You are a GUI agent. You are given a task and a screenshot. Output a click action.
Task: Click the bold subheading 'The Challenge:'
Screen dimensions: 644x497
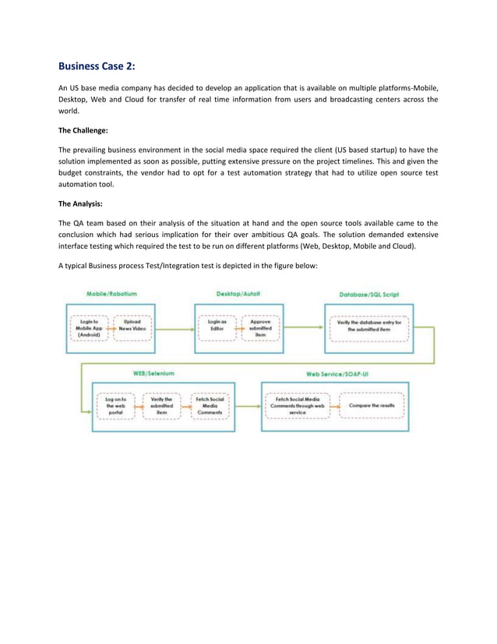(x=85, y=130)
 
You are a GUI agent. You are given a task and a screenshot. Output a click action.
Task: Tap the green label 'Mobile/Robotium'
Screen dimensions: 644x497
(x=111, y=294)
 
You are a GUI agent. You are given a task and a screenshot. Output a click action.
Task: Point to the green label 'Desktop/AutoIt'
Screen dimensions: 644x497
(x=238, y=294)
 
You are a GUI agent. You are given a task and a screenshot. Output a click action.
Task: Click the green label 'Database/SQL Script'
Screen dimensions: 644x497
(x=369, y=295)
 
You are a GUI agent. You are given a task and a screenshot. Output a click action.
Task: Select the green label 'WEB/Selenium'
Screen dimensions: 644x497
(x=153, y=373)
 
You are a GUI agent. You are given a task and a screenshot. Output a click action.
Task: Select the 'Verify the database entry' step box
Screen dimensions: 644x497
(x=368, y=325)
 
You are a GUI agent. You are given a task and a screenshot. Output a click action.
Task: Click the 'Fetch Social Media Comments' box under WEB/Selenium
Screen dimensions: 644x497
(x=210, y=405)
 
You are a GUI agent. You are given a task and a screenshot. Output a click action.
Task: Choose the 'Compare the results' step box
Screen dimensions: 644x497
(x=372, y=405)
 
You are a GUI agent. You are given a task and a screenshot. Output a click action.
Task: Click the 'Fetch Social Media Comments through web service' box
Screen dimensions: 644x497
(x=297, y=405)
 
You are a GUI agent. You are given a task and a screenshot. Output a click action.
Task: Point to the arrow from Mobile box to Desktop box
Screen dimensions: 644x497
(x=175, y=327)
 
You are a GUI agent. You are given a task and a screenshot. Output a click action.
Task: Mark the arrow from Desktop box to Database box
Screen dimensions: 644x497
(x=304, y=327)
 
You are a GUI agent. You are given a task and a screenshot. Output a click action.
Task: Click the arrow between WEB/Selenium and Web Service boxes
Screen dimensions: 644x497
(x=248, y=405)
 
